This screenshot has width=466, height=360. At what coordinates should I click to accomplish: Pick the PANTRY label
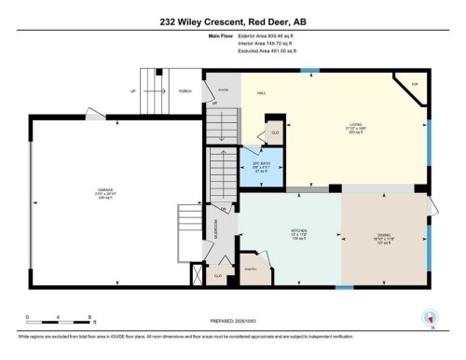pos(250,269)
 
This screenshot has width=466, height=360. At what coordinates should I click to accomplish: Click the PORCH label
pos(185,91)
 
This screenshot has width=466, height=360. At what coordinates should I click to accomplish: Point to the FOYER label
pos(223,90)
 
